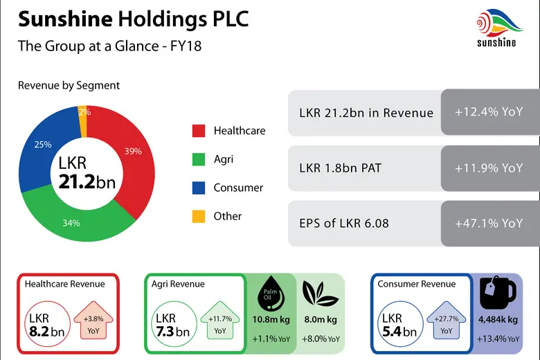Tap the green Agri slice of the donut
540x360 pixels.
(76, 219)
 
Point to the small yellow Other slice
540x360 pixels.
(84, 112)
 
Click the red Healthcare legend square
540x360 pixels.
(199, 131)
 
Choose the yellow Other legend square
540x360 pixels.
(199, 216)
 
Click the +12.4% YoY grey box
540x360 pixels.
(489, 112)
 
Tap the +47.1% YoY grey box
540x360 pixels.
(489, 224)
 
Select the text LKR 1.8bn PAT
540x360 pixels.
(340, 168)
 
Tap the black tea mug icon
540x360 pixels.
(498, 294)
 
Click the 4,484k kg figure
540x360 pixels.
(498, 320)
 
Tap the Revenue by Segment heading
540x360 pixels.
(69, 86)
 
